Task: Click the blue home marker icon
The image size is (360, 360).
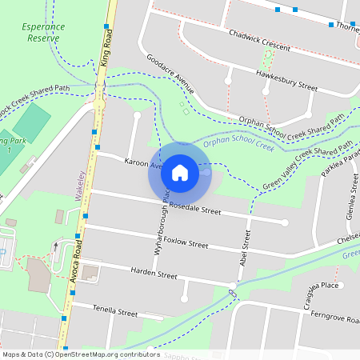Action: tap(180, 172)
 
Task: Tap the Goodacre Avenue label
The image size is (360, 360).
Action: tap(170, 73)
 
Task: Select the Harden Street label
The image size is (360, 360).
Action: tap(154, 274)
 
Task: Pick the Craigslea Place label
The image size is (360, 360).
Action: tap(318, 286)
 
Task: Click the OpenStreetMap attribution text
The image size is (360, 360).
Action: tap(81, 354)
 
